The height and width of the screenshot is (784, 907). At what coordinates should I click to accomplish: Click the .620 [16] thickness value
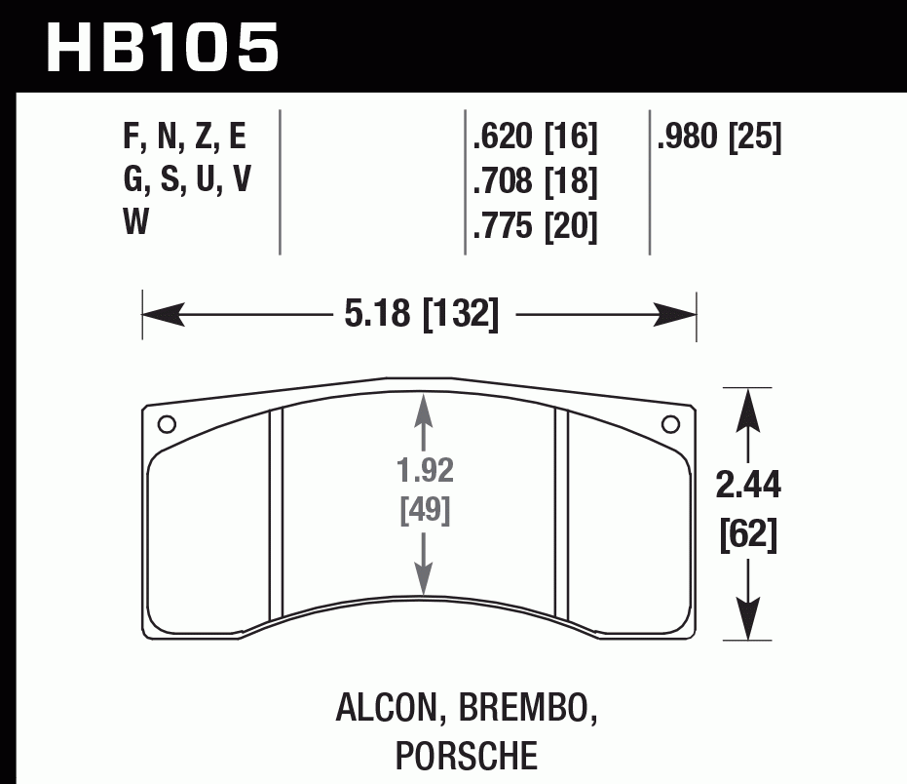534,137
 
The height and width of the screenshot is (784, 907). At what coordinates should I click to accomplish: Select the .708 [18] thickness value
534,182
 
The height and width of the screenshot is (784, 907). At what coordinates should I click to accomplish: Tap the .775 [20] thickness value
534,226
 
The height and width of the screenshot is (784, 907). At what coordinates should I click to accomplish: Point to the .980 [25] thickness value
719,137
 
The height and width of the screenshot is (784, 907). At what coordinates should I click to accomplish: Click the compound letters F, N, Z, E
184,137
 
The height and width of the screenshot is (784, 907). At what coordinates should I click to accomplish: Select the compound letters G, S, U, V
184,182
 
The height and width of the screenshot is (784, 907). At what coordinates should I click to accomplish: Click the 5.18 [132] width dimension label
421,315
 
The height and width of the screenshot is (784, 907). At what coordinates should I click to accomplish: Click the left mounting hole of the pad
167,424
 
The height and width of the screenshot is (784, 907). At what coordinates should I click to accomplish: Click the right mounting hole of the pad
670,424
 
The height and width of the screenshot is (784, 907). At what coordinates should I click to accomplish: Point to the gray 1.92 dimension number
426,472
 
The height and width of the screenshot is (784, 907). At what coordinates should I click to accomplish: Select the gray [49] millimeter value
426,509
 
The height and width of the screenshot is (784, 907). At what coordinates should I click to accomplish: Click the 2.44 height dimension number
748,484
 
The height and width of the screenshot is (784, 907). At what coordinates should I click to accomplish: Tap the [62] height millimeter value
748,535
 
